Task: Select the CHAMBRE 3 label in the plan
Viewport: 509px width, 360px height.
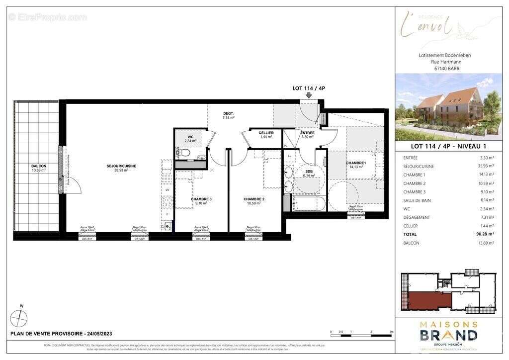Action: click(201, 199)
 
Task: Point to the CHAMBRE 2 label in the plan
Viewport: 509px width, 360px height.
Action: click(254, 199)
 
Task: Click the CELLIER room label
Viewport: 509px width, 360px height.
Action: click(266, 133)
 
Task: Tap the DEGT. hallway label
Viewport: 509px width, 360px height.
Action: click(228, 114)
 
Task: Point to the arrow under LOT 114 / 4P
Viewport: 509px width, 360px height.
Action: click(309, 95)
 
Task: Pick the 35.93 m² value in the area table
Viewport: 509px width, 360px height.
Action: click(481, 167)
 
